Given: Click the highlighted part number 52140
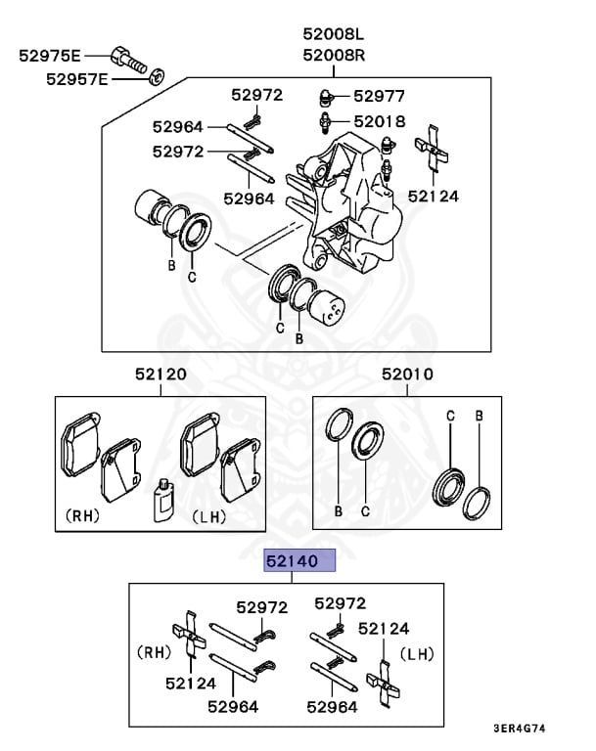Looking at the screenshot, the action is (292, 561).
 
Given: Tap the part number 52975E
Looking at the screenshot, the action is (50, 56).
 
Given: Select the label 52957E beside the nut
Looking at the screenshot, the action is (77, 79).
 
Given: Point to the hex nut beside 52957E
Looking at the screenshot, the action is (157, 77).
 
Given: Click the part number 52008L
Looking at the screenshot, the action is (334, 34).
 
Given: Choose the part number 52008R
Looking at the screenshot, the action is (334, 55).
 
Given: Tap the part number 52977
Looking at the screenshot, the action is (380, 96).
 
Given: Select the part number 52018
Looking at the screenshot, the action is (380, 121).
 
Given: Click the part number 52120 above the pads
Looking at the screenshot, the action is (160, 374).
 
